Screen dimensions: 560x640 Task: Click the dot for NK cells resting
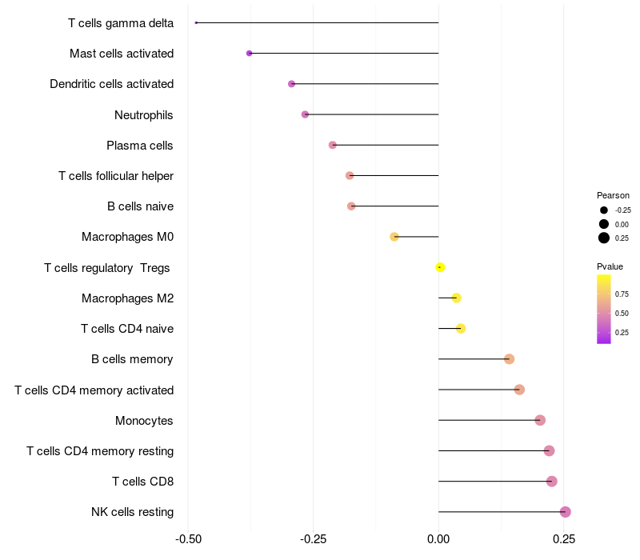click(x=566, y=512)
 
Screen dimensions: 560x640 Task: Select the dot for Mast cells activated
click(x=249, y=54)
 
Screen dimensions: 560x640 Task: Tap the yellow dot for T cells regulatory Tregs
click(x=440, y=267)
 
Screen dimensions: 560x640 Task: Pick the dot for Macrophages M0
click(x=394, y=237)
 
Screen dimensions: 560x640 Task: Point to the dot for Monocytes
click(x=540, y=420)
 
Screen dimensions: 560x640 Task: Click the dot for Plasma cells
click(x=333, y=145)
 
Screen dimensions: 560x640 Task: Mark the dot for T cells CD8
click(x=552, y=482)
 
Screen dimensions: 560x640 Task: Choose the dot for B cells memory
click(x=509, y=359)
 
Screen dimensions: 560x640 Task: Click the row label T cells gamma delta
click(x=121, y=23)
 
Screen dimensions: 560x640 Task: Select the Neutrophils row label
click(x=144, y=115)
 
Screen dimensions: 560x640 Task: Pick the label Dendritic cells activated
click(x=112, y=84)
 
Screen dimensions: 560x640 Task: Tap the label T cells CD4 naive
click(x=127, y=329)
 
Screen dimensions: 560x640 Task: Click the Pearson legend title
click(x=613, y=195)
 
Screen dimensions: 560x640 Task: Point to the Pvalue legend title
click(x=610, y=266)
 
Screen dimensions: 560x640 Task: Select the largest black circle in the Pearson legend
click(x=604, y=238)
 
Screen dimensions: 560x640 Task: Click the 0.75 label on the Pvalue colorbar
click(x=622, y=294)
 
